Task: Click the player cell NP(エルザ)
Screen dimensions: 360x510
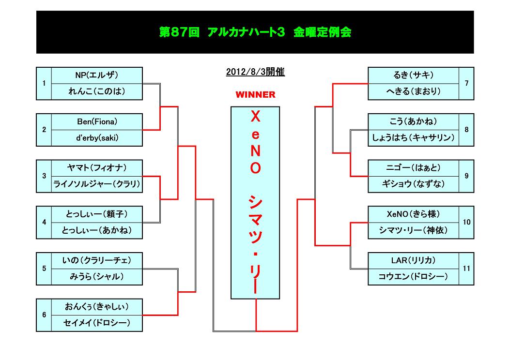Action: [97, 75]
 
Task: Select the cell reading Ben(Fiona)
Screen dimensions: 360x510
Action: [97, 121]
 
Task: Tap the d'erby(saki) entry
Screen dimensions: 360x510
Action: [97, 137]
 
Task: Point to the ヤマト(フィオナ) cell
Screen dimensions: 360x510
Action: [97, 167]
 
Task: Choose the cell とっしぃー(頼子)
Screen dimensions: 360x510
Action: [97, 213]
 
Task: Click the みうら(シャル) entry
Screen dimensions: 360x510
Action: [97, 276]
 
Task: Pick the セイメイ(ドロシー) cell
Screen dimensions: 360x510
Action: [97, 323]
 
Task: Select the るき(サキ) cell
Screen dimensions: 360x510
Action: [413, 75]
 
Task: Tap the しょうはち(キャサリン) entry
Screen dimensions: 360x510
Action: [413, 137]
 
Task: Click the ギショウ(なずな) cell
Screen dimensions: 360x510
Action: [413, 184]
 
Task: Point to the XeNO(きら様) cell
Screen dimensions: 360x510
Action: [413, 213]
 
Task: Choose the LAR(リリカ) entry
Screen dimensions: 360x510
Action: [413, 260]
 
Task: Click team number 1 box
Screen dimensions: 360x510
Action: [44, 83]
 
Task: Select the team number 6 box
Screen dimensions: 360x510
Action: [44, 315]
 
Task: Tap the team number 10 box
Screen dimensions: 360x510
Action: [466, 222]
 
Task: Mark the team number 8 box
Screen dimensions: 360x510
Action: [466, 129]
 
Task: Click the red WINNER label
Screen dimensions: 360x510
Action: [255, 94]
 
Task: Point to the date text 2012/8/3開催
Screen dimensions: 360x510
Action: [255, 72]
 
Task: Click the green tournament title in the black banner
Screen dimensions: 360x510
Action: [255, 32]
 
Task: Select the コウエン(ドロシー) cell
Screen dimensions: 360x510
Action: [413, 277]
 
